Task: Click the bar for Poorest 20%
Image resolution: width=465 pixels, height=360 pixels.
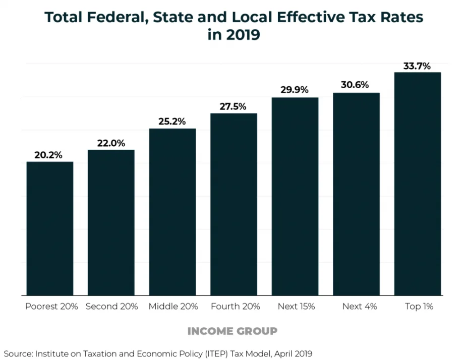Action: click(x=50, y=228)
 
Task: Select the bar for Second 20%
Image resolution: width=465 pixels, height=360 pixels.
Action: click(x=111, y=222)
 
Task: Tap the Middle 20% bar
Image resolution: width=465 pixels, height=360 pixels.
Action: click(x=172, y=212)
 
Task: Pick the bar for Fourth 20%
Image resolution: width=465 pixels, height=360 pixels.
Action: click(x=234, y=204)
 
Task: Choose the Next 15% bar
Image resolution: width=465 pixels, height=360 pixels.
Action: click(x=295, y=196)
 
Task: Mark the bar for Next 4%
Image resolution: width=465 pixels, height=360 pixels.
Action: click(x=356, y=194)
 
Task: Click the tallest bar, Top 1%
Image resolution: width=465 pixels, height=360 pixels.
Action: click(x=418, y=184)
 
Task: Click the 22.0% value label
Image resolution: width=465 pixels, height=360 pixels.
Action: click(x=111, y=143)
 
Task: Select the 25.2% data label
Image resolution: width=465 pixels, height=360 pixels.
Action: click(x=172, y=122)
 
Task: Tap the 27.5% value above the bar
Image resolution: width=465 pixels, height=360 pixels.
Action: click(x=233, y=106)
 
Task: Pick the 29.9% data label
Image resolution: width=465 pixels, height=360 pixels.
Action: click(x=295, y=90)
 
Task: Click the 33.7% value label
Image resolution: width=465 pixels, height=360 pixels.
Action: click(x=417, y=66)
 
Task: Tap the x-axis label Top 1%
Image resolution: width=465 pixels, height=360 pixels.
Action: click(x=419, y=307)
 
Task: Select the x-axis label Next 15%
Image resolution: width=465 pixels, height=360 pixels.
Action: click(x=296, y=307)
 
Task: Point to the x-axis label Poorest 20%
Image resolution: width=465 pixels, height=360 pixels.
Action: click(x=51, y=307)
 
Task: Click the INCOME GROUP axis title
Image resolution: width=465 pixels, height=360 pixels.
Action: click(x=233, y=331)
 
